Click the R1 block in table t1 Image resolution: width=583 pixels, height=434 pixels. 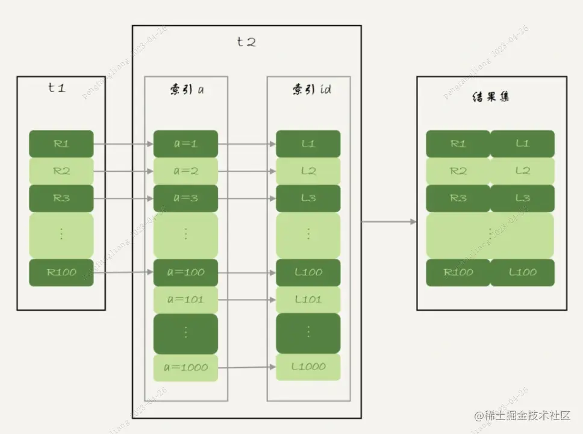click(x=61, y=144)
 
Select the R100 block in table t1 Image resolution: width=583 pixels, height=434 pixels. click(x=61, y=272)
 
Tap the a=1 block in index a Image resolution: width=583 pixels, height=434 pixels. click(x=185, y=144)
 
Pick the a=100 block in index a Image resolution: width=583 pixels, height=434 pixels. click(x=185, y=272)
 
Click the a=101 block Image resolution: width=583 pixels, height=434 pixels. click(x=185, y=300)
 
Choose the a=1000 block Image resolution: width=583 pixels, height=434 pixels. click(x=185, y=367)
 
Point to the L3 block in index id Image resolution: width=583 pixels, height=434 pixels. click(x=308, y=198)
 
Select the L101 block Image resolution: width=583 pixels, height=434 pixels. click(x=308, y=300)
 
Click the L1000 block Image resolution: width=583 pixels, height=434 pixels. click(x=308, y=366)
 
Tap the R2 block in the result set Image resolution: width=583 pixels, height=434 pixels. click(x=458, y=171)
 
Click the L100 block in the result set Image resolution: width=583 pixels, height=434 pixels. click(x=522, y=272)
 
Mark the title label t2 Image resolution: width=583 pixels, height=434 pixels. click(x=246, y=42)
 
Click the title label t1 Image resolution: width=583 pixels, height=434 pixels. click(x=57, y=87)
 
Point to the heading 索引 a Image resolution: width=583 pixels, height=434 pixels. click(x=185, y=90)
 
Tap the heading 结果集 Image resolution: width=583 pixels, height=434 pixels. click(x=490, y=96)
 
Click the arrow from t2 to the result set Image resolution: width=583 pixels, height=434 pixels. click(x=389, y=222)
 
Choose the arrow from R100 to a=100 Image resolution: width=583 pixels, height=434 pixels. click(x=123, y=272)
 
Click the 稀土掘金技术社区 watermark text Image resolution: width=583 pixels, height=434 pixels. click(x=522, y=415)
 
